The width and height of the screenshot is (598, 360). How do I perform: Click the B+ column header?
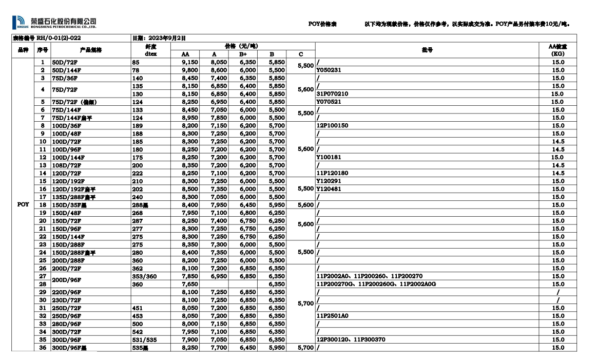pos(243,54)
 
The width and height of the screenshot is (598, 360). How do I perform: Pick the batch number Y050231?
pos(329,70)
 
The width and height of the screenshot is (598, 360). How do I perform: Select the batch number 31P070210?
pos(332,94)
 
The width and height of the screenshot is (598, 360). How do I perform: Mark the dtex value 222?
pos(137,173)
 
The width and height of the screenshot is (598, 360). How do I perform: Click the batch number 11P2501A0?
pos(332,316)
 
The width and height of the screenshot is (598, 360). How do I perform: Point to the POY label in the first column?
pos(23,204)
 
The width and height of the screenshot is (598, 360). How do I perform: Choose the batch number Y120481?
pos(329,189)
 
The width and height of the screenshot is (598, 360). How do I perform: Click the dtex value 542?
pos(137,332)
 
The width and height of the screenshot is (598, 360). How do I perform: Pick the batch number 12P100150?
pos(332,125)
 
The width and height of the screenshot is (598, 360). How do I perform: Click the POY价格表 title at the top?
pos(322,24)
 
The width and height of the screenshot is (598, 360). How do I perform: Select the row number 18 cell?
pos(43,205)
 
